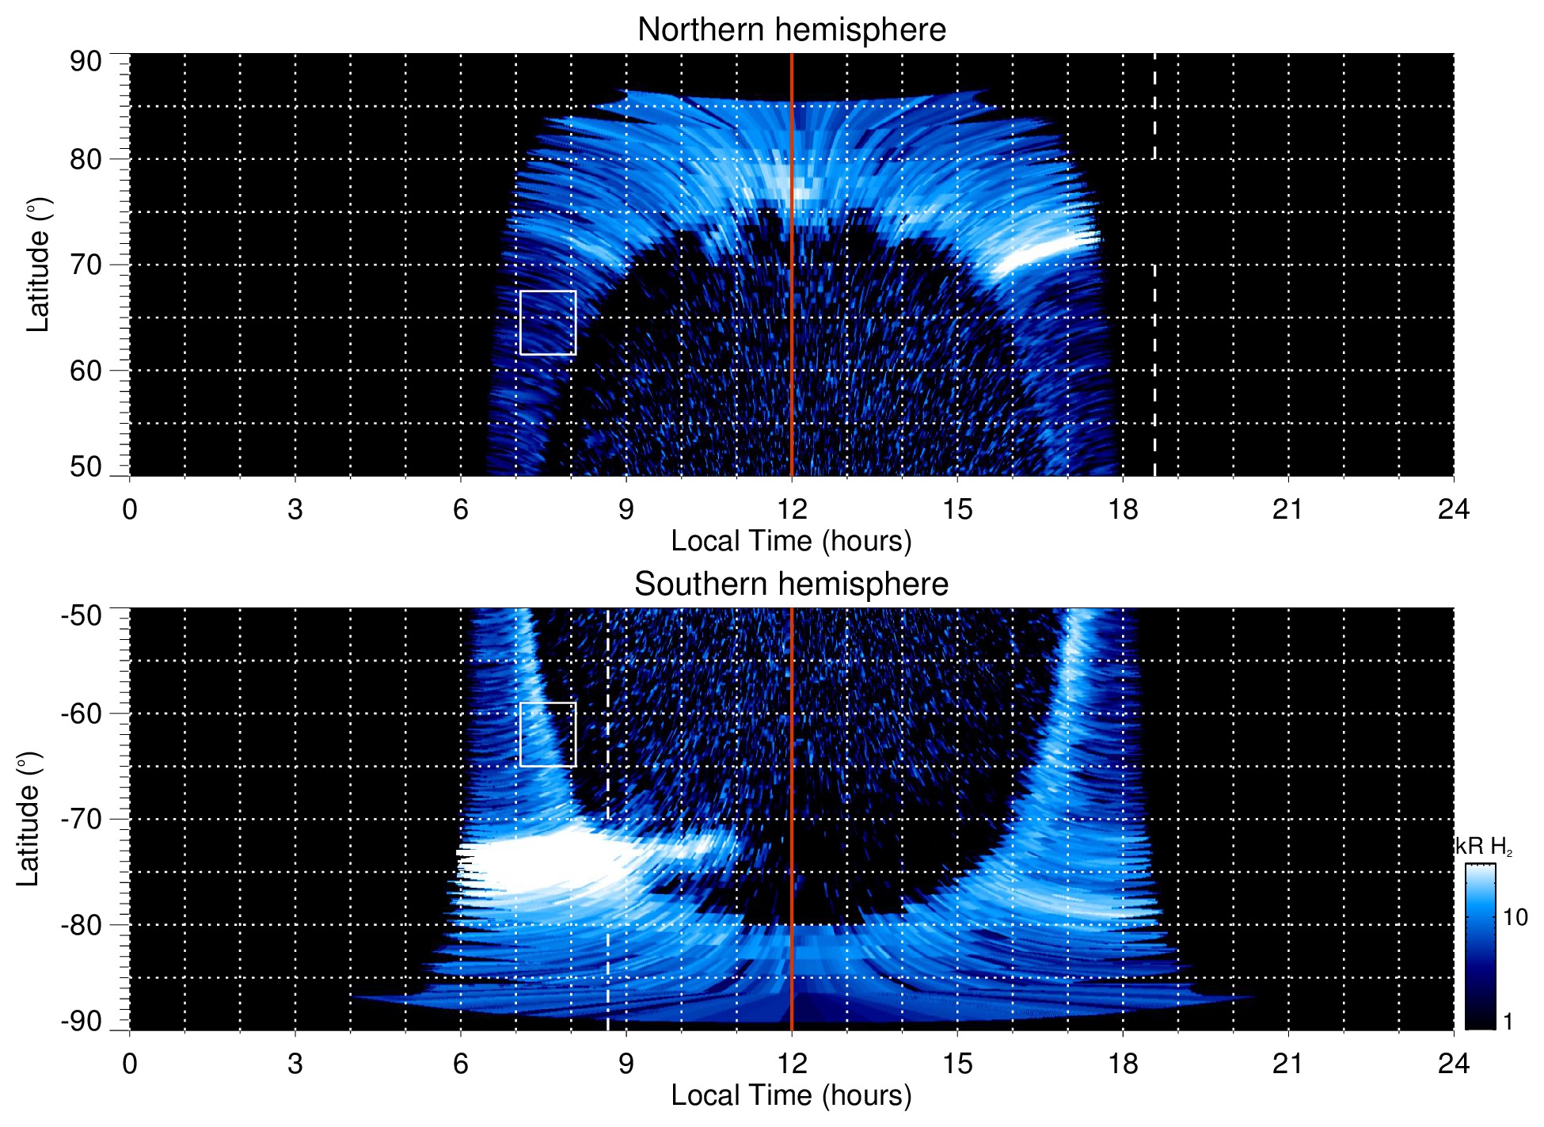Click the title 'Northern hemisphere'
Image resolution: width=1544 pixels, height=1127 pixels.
click(791, 30)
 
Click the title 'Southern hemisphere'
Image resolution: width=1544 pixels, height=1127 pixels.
click(791, 584)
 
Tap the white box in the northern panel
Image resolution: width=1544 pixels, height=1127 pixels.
click(548, 322)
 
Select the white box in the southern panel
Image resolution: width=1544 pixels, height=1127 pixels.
click(548, 734)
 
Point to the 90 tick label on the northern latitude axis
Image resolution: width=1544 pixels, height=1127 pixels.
click(86, 62)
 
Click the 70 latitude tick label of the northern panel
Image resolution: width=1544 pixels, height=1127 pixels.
click(86, 265)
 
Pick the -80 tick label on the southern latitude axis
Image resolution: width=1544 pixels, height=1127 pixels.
click(82, 925)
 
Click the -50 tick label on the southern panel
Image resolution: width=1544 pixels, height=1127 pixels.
click(82, 615)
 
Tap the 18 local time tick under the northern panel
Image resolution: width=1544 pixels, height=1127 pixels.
click(1123, 509)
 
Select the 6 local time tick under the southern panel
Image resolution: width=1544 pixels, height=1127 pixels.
click(461, 1064)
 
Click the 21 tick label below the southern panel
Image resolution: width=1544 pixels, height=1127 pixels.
click(1287, 1064)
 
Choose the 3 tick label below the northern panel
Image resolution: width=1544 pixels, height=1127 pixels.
click(295, 509)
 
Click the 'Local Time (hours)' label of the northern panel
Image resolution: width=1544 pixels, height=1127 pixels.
click(791, 541)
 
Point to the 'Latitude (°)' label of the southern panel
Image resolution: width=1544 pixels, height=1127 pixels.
click(29, 819)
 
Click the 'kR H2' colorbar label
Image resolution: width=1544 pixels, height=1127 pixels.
click(1483, 847)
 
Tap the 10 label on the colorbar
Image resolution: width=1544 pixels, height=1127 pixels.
click(1515, 918)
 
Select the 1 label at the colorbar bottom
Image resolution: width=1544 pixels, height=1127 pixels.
click(1508, 1022)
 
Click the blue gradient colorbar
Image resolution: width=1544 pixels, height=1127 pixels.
click(1480, 946)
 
